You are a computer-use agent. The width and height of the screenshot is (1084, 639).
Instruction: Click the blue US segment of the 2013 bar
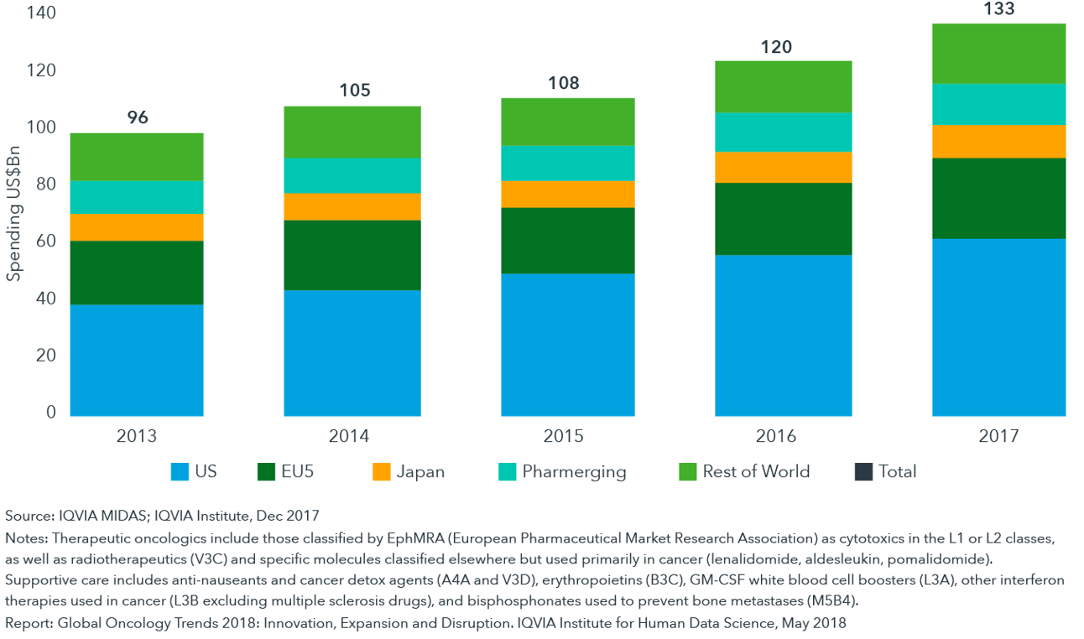click(137, 360)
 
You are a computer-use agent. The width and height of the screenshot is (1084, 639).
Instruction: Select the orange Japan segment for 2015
click(568, 194)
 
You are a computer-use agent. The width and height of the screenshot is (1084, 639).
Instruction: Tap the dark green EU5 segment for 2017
click(998, 199)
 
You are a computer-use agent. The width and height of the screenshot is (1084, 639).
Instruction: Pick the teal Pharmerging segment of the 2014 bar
click(352, 175)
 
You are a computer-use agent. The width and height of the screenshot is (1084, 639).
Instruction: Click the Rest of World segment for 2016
click(782, 86)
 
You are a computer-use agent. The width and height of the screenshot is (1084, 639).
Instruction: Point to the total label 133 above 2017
click(999, 9)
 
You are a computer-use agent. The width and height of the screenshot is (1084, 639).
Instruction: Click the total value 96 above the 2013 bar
click(138, 118)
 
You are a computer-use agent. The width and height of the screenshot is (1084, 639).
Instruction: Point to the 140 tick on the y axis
click(41, 13)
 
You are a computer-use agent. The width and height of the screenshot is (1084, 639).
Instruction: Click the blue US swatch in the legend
click(180, 472)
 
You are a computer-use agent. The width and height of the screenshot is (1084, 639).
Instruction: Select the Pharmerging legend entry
click(574, 471)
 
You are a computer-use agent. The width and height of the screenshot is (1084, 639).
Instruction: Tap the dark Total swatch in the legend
click(863, 472)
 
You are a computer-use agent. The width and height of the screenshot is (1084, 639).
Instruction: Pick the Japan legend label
click(420, 471)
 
